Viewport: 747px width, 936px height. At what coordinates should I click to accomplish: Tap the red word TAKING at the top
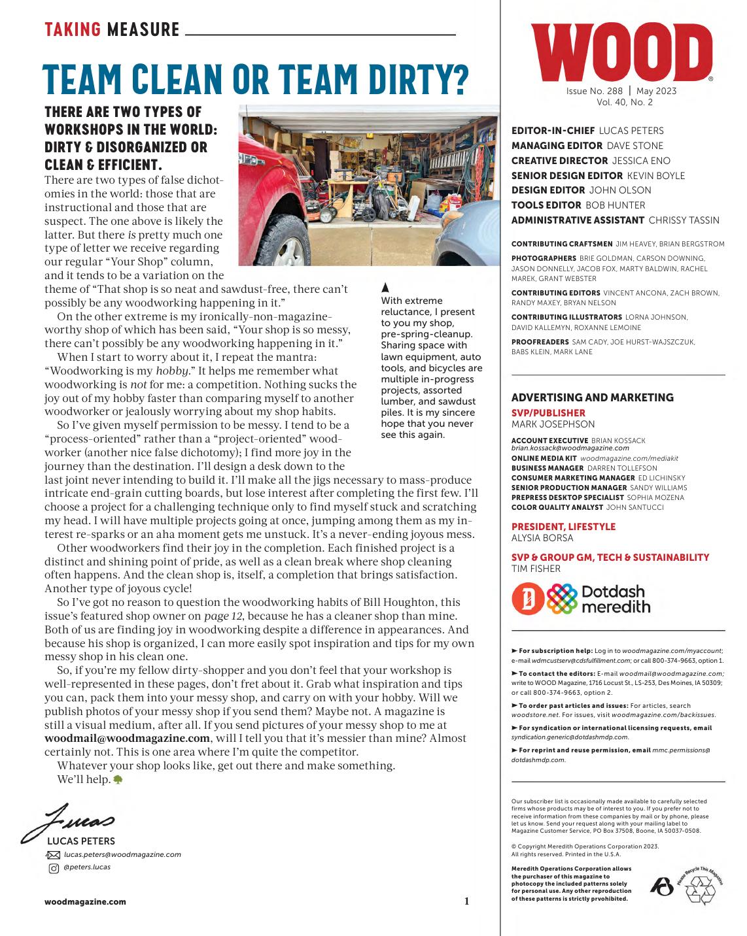73,29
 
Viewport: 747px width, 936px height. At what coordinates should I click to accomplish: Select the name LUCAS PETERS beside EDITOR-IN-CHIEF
631,131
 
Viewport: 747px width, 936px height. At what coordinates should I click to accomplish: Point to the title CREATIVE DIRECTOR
559,161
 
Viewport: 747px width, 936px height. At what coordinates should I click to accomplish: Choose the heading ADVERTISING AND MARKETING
592,397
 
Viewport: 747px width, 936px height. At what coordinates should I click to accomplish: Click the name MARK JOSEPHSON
553,424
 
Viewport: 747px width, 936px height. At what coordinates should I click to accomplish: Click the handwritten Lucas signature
69,820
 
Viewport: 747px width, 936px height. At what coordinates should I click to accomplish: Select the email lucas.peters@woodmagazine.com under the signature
122,854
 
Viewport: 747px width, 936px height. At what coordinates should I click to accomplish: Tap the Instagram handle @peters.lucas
87,867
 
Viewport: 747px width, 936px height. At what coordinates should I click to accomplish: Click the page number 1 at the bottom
467,902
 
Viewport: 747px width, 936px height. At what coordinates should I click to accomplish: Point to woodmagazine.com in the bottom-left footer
85,902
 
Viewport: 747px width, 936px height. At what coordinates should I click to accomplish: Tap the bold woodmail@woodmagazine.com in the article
127,739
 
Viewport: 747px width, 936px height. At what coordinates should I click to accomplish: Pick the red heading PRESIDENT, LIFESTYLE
563,527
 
